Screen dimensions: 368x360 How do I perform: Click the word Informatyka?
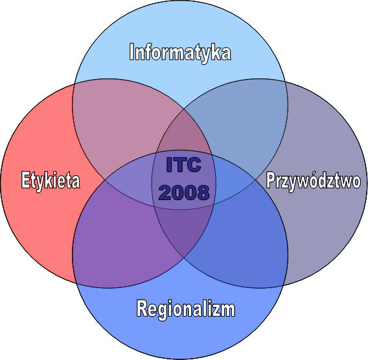point(180,53)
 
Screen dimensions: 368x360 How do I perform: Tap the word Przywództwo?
point(314,181)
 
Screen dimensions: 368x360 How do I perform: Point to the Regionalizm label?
point(186,309)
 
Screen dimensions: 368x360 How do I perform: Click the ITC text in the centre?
point(183,165)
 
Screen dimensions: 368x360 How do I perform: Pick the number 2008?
point(184,192)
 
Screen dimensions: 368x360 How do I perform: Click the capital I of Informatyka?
point(132,52)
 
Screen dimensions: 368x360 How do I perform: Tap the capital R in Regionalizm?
point(141,308)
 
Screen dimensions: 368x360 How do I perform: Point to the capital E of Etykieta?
point(25,179)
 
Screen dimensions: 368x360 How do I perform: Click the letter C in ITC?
point(194,165)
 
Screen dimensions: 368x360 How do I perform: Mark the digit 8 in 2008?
point(203,192)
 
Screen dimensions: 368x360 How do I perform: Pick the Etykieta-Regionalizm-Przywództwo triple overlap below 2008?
point(184,230)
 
